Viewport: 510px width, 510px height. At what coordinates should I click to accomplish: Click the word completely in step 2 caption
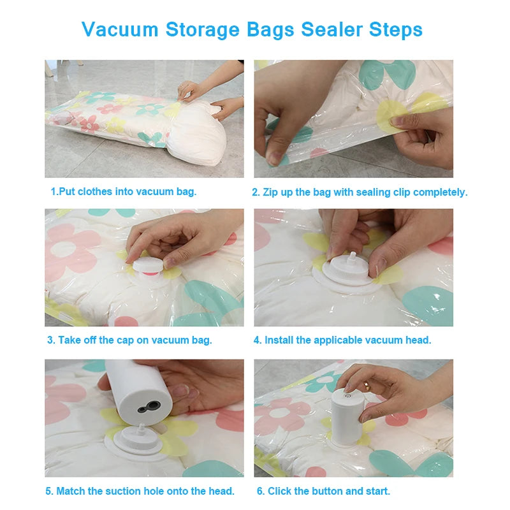[x=440, y=193]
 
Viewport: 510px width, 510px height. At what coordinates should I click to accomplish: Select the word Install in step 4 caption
[x=279, y=340]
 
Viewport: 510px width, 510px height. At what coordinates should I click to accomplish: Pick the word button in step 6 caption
[x=321, y=491]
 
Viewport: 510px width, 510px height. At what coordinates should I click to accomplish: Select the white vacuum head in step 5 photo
[x=138, y=440]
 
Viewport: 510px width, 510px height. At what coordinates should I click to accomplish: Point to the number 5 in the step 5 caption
[x=48, y=491]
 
